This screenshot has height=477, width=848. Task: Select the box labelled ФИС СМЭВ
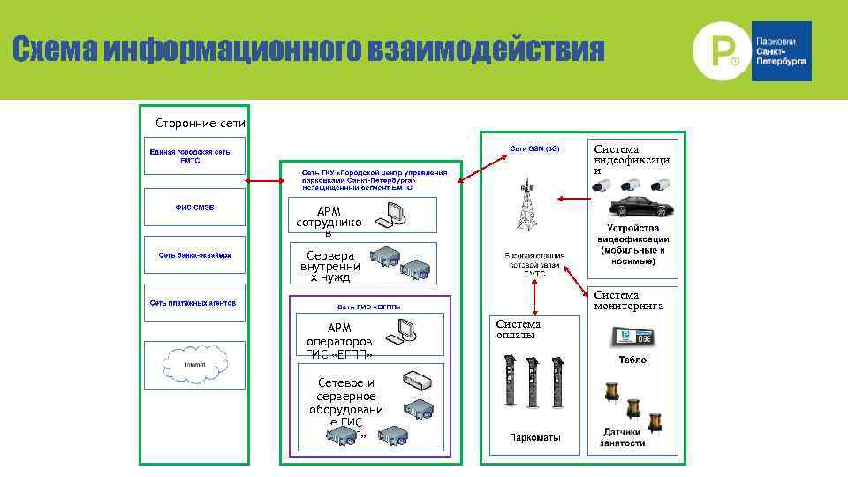[194, 208]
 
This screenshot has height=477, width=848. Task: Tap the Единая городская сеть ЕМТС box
[194, 157]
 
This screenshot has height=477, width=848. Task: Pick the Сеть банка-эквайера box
[194, 255]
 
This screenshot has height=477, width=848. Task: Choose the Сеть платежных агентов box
[194, 303]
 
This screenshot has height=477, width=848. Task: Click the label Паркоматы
[534, 438]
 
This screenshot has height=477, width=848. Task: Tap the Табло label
[632, 360]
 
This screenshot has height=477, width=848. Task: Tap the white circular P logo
[717, 50]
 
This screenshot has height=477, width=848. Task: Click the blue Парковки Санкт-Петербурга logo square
[781, 51]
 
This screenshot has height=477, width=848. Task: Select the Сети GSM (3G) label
[534, 148]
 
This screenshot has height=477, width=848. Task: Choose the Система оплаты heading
[519, 329]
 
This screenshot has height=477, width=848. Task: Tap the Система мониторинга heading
[628, 300]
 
